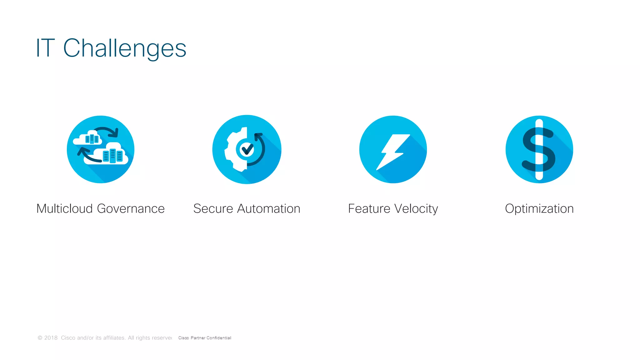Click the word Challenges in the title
[125, 48]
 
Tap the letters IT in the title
[46, 48]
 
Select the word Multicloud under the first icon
[64, 209]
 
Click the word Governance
[131, 209]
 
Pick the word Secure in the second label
[213, 209]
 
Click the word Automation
[268, 209]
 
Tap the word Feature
[369, 209]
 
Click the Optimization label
[539, 209]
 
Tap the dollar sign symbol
[539, 149]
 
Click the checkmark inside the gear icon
[247, 149]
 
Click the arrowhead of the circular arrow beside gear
[258, 136]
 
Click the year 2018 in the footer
[51, 338]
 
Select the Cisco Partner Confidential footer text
[205, 338]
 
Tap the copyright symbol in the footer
[40, 338]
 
